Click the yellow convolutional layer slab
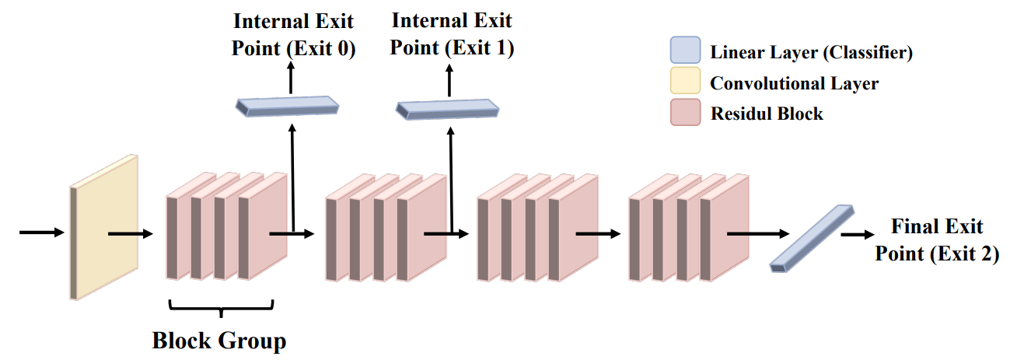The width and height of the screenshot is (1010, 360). click(x=104, y=228)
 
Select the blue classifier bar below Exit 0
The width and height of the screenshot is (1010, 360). click(x=288, y=107)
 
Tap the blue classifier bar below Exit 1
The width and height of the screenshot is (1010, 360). click(x=447, y=110)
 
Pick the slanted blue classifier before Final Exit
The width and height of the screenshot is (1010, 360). click(x=811, y=239)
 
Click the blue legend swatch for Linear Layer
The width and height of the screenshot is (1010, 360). click(x=685, y=52)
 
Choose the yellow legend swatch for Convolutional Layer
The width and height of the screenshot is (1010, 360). click(x=685, y=82)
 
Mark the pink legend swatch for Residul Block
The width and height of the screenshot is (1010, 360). click(x=685, y=113)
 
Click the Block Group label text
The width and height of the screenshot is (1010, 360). click(x=219, y=341)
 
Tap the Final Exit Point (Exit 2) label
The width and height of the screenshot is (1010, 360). click(x=937, y=240)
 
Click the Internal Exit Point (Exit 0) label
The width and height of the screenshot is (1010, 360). click(x=293, y=35)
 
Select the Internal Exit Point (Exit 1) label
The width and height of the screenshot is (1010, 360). click(x=452, y=35)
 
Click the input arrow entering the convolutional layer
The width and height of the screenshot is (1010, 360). click(x=39, y=232)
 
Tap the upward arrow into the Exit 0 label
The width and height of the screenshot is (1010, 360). click(x=292, y=77)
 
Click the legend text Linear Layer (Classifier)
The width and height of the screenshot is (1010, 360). click(x=811, y=53)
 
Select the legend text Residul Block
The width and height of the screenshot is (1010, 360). click(x=767, y=114)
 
